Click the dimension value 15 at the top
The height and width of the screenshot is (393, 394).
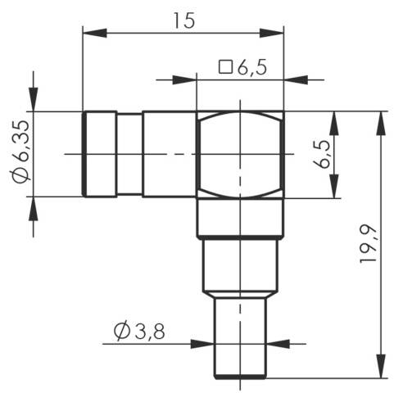click(184, 20)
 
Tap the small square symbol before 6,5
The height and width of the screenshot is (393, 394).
click(227, 67)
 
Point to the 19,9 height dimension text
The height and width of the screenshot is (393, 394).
click(371, 245)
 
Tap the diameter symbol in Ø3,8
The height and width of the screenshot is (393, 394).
click(122, 332)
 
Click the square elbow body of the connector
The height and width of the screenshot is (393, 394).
click(240, 154)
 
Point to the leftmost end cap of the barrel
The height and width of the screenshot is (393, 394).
click(98, 154)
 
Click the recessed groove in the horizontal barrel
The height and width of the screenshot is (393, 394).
click(129, 154)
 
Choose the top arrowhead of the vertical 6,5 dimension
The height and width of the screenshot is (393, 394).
click(333, 122)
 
